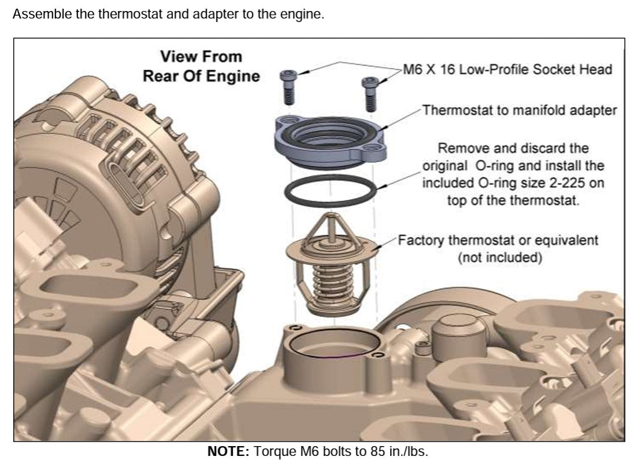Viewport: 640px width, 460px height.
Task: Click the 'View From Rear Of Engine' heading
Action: [201, 66]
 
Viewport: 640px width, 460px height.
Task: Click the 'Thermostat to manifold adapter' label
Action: [520, 110]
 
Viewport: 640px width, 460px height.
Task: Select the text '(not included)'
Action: [500, 257]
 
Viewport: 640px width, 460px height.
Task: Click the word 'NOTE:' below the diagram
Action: [228, 451]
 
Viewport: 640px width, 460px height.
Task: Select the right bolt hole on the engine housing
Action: [377, 355]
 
